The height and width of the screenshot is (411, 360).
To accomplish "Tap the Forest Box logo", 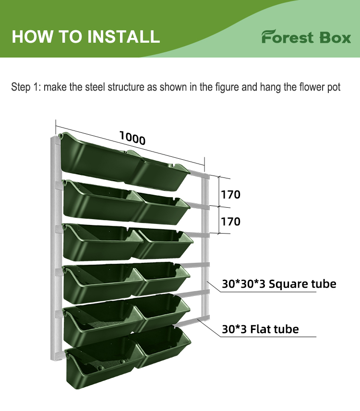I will point(306,37).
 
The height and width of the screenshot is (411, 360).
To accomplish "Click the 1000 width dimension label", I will point(132,138).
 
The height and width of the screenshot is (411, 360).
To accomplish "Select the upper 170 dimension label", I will point(230,194).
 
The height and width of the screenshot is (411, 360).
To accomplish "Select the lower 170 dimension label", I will point(230,222).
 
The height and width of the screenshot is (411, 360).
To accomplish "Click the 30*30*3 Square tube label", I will point(279,283).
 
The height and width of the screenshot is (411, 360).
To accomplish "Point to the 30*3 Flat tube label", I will point(260,329).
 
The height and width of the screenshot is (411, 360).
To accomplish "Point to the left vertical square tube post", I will point(52,249).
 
